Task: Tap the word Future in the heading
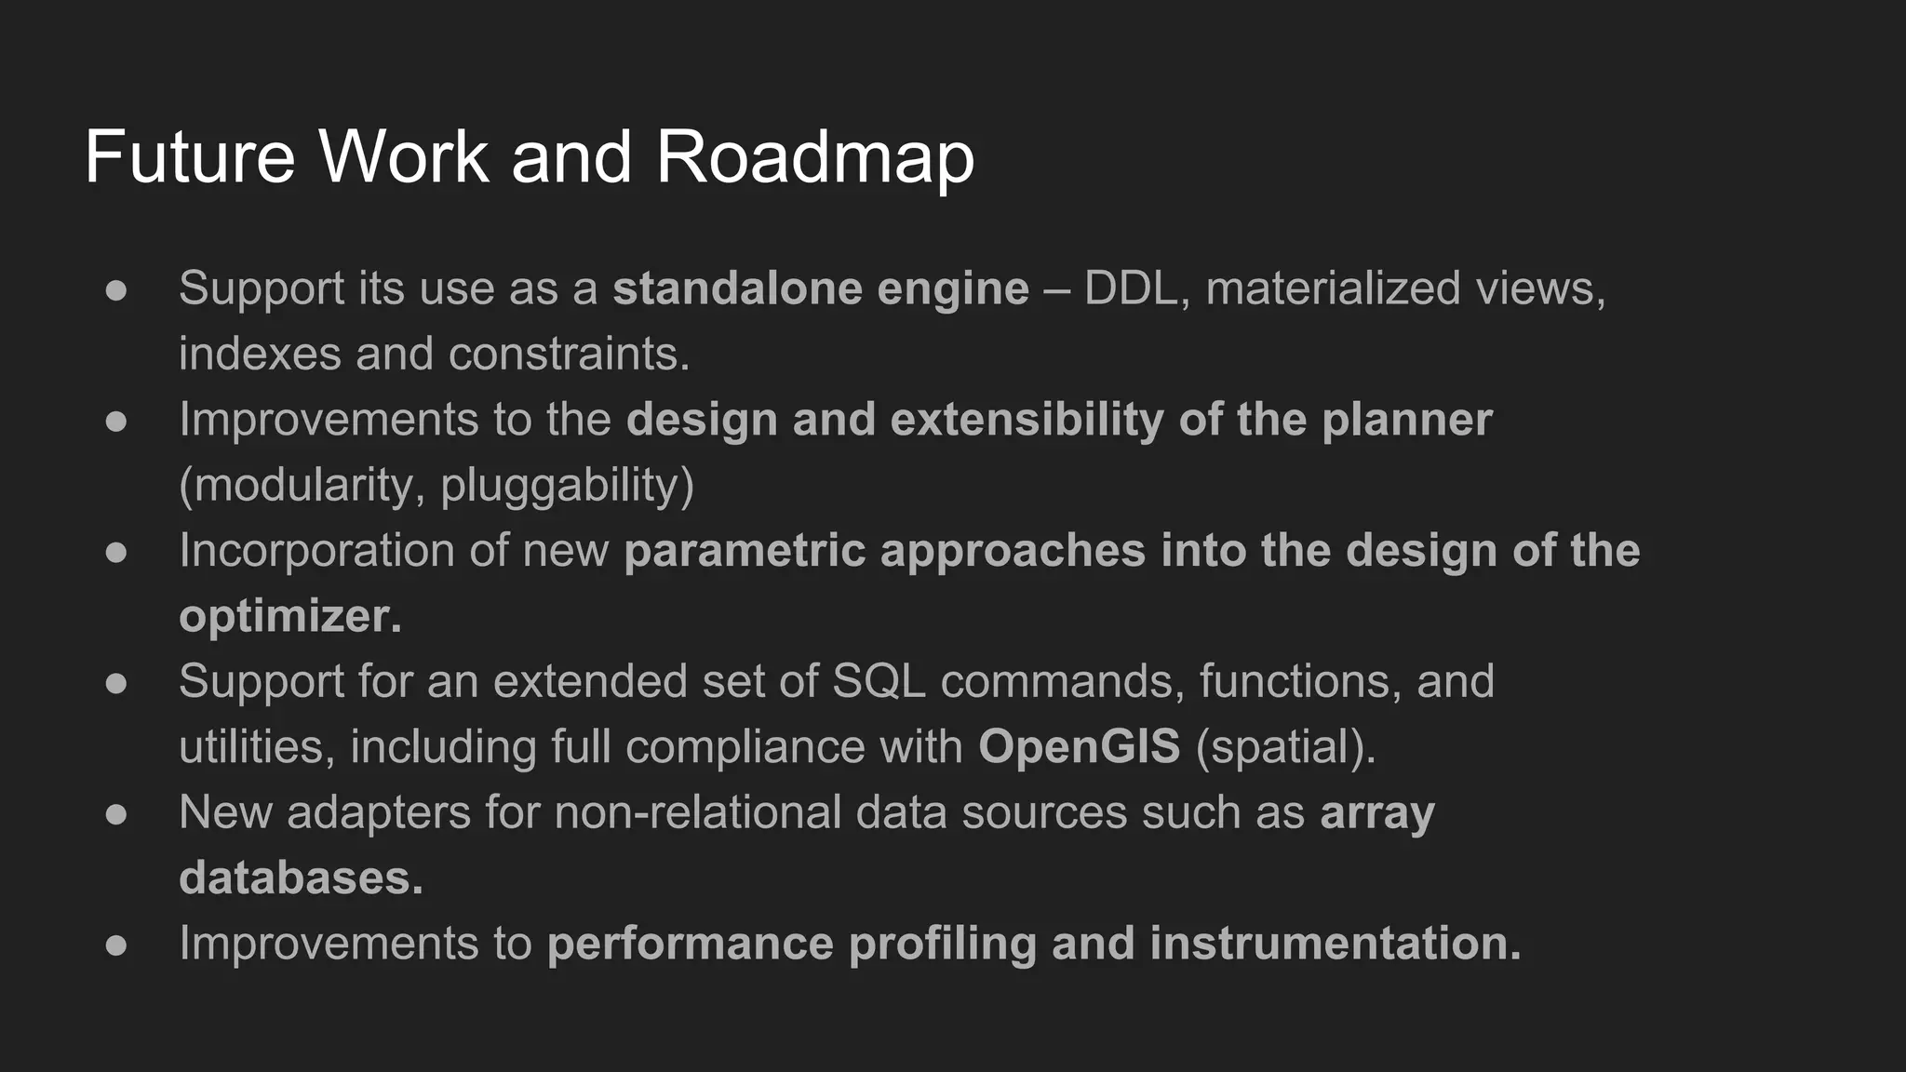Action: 190,156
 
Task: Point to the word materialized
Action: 1333,288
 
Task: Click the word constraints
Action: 569,355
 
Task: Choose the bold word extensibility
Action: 1027,420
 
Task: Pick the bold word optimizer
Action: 289,617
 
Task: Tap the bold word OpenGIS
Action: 1079,747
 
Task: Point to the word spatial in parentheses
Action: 1284,747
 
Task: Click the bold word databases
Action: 300,878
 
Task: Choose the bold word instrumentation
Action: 1335,944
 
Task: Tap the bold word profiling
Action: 943,944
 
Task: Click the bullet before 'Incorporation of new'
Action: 116,552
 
